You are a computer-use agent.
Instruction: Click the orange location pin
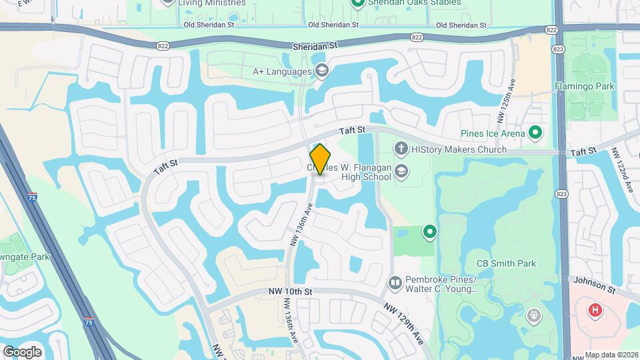pyautogui.click(x=320, y=159)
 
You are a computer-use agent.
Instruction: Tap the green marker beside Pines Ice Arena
pyautogui.click(x=535, y=133)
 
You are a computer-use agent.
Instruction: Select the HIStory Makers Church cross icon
pyautogui.click(x=401, y=149)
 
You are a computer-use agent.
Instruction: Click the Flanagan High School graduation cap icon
pyautogui.click(x=401, y=171)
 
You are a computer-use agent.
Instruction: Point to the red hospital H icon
pyautogui.click(x=594, y=310)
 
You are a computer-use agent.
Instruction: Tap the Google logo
pyautogui.click(x=22, y=351)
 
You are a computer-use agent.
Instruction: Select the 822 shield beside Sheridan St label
pyautogui.click(x=417, y=37)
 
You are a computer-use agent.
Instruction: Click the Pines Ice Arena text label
pyautogui.click(x=495, y=133)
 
